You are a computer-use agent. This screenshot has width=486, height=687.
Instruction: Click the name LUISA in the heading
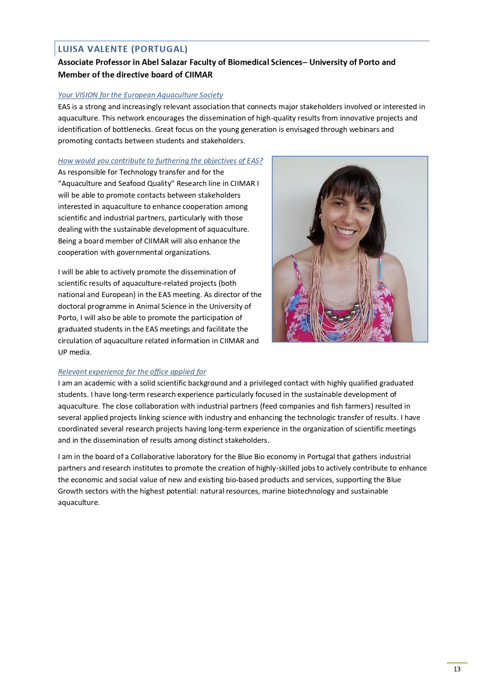(x=71, y=49)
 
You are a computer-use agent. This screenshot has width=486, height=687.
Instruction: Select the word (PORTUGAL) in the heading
(x=159, y=49)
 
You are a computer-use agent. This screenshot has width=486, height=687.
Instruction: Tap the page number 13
(x=457, y=669)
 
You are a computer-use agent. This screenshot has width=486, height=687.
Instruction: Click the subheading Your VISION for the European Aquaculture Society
(x=140, y=95)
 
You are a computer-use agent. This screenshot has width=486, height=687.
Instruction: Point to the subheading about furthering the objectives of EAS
(x=160, y=161)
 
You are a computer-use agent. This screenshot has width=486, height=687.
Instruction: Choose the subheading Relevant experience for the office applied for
(x=132, y=372)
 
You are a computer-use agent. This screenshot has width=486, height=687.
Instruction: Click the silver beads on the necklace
(x=342, y=312)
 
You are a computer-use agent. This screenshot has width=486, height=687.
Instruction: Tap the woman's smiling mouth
(x=345, y=232)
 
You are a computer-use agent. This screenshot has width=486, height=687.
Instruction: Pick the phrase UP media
(x=74, y=352)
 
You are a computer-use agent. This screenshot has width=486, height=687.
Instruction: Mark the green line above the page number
(x=457, y=663)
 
